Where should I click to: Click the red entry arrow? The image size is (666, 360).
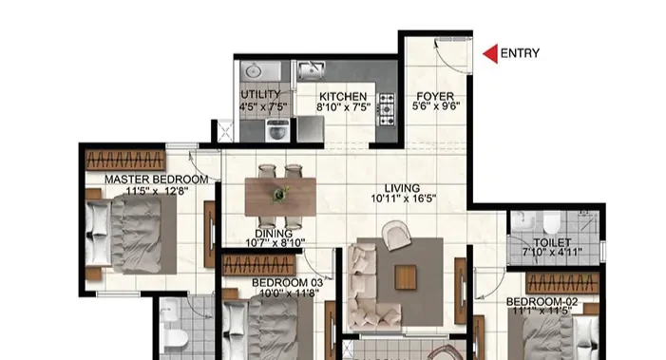point(492,54)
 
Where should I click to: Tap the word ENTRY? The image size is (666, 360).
point(520,53)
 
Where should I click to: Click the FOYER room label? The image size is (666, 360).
point(435,96)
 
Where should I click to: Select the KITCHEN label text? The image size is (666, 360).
point(343,97)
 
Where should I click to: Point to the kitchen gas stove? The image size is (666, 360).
point(387,109)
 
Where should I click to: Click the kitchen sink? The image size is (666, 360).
point(312,70)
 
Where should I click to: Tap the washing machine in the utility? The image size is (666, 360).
point(277,130)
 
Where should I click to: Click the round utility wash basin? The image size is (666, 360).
point(254,71)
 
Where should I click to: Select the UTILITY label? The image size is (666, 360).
point(260,94)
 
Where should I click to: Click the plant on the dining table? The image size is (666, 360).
point(280,194)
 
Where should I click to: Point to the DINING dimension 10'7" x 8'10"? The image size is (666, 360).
point(276,243)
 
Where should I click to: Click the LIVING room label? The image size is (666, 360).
point(402,188)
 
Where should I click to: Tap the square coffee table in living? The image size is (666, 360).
point(406,277)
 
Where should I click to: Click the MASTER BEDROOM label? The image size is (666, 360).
point(157,180)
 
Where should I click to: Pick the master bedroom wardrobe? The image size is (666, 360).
point(125,160)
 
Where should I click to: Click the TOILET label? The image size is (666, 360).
point(552,242)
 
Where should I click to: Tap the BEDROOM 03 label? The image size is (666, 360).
point(287,283)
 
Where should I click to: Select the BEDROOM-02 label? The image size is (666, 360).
point(542,302)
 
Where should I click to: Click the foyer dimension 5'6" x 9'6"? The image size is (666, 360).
point(436,106)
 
